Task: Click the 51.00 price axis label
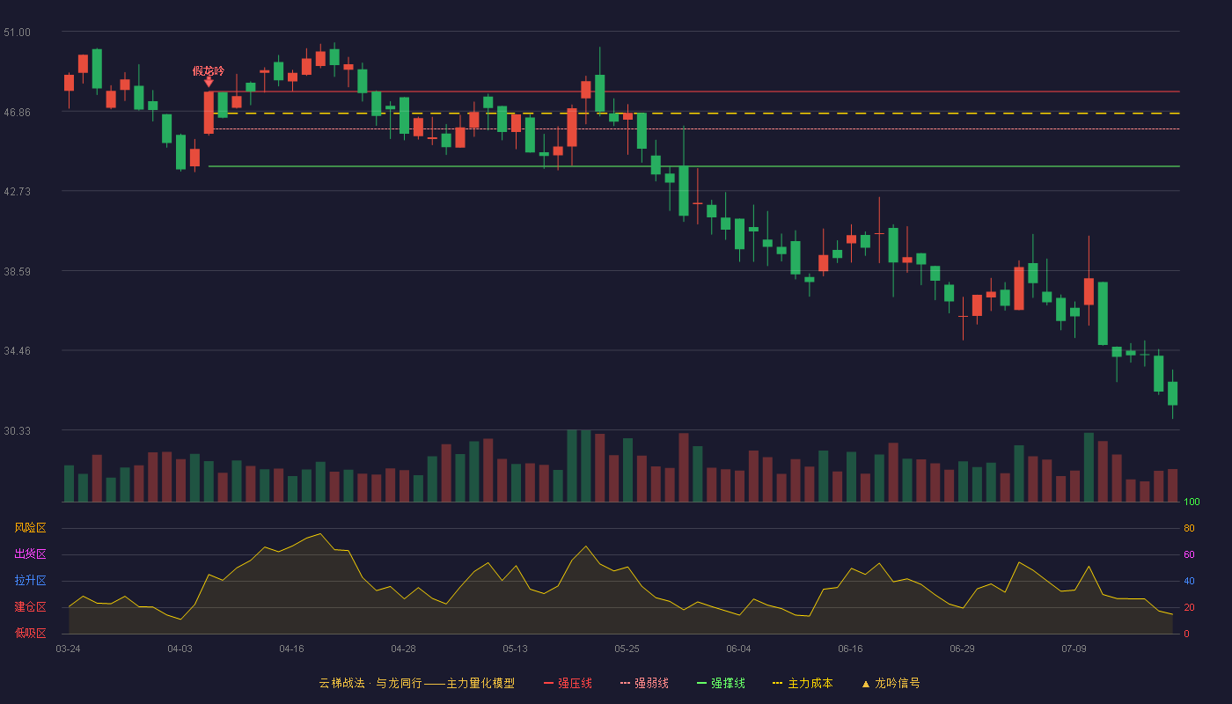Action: click(x=17, y=33)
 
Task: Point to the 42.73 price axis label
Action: click(x=17, y=192)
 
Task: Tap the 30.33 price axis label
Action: click(x=17, y=430)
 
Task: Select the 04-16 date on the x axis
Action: click(x=291, y=649)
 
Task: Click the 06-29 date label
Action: click(x=962, y=649)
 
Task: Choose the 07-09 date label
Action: click(x=1074, y=649)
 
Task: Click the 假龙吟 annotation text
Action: click(x=209, y=71)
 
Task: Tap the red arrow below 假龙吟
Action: click(x=209, y=82)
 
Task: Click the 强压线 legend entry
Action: click(x=568, y=683)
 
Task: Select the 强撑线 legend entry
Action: click(x=721, y=683)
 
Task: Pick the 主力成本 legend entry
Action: click(x=803, y=683)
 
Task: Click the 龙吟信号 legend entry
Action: click(x=891, y=683)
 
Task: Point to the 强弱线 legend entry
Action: click(x=644, y=683)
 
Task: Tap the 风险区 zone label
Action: click(x=30, y=528)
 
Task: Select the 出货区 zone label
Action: click(x=30, y=554)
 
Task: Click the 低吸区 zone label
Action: click(x=30, y=633)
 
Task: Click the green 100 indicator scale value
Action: click(x=1192, y=502)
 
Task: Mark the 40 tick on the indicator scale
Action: click(x=1189, y=581)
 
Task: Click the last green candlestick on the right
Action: click(x=1172, y=393)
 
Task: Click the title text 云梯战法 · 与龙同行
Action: click(x=370, y=683)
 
